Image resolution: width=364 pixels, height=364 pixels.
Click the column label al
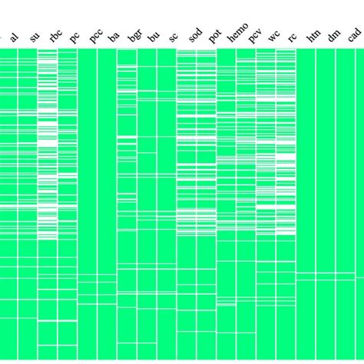click(x=15, y=37)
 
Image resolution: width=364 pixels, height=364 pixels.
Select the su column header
click(x=34, y=36)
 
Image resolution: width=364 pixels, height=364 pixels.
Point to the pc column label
click(x=74, y=36)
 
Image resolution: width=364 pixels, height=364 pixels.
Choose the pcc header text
click(x=94, y=35)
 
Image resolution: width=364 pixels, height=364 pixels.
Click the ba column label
click(x=114, y=36)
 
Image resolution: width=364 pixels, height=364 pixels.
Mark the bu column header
click(x=154, y=36)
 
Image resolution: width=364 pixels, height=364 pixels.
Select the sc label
click(x=174, y=36)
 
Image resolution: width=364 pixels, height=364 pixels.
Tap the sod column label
click(x=194, y=35)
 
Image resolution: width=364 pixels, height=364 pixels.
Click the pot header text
click(x=214, y=35)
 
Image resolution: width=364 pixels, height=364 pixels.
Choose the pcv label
click(x=254, y=35)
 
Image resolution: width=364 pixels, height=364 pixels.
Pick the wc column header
click(x=273, y=36)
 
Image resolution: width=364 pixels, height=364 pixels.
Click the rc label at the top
click(x=293, y=37)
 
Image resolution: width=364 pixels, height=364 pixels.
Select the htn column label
click(x=313, y=35)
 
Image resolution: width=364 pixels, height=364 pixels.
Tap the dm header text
click(x=333, y=36)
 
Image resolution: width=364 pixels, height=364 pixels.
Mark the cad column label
click(x=354, y=35)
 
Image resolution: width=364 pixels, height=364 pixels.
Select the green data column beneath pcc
click(x=87, y=169)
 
